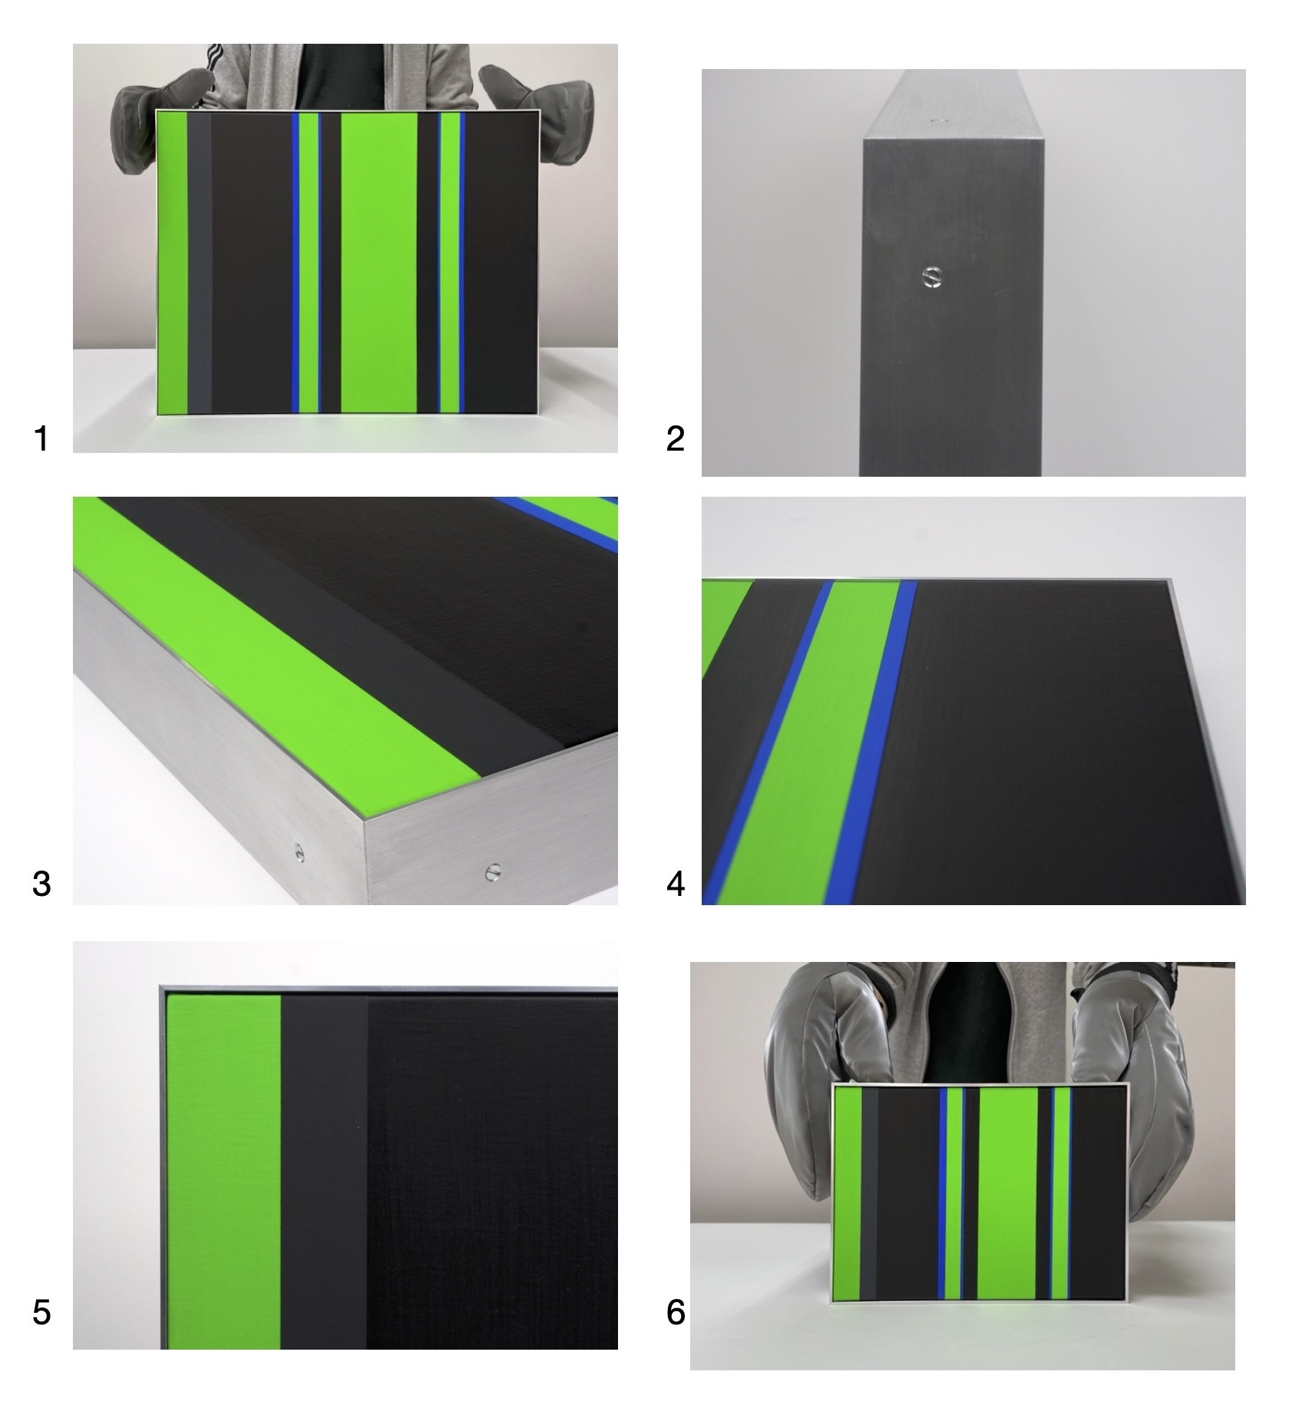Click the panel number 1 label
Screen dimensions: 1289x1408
coord(41,439)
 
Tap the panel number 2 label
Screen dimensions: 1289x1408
coord(675,439)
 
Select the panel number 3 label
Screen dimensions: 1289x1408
coord(41,884)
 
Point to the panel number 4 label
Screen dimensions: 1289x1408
coord(676,884)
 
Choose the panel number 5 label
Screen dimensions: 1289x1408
coord(41,1312)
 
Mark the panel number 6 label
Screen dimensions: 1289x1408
coord(676,1312)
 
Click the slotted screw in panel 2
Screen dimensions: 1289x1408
coord(932,276)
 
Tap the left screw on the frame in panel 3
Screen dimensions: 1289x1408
coord(299,850)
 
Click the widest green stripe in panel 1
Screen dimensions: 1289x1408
coord(378,263)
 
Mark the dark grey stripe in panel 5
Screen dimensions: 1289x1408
coord(324,1171)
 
